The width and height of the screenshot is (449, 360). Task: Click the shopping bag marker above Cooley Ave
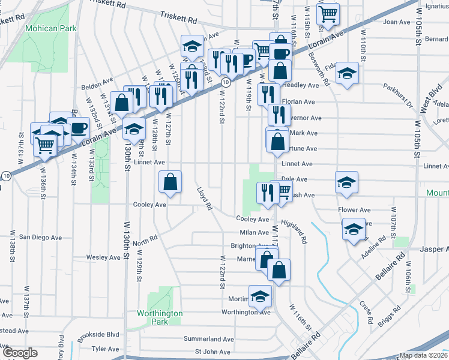(x=170, y=181)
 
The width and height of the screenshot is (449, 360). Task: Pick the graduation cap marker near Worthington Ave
(x=260, y=296)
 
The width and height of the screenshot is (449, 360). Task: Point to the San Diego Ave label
(x=40, y=238)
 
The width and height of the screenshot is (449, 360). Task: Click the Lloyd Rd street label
(x=205, y=198)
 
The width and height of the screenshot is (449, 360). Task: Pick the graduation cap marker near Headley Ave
(x=346, y=73)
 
